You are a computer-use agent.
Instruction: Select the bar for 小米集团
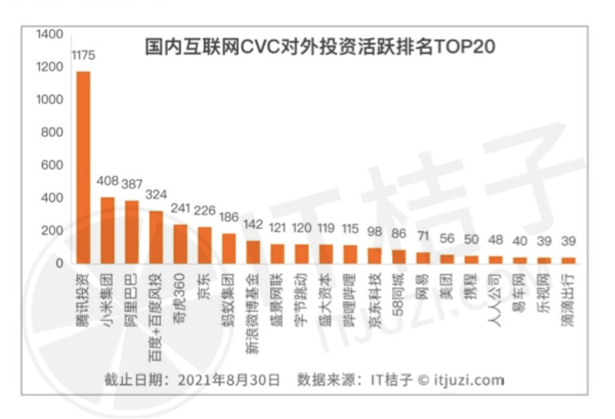107,230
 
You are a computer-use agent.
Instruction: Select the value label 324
156,195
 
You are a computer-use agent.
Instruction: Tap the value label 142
253,225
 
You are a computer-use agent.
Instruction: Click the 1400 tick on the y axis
48,35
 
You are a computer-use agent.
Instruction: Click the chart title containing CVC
321,47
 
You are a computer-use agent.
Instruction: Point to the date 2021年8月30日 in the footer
229,379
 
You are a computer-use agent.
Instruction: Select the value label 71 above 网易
423,236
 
